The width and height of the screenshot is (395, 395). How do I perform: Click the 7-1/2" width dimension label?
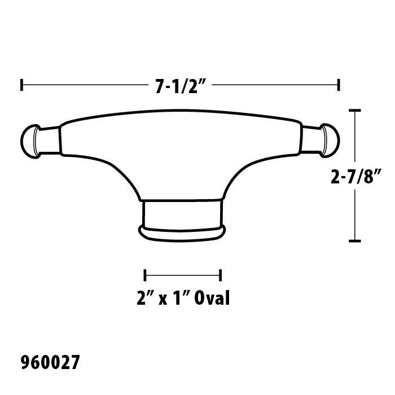(x=181, y=86)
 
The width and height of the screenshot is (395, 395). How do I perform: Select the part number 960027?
(x=50, y=362)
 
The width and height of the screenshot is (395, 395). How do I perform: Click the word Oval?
(x=212, y=299)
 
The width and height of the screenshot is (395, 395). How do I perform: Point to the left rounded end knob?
(x=30, y=141)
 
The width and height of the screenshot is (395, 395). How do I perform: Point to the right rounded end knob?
(x=330, y=141)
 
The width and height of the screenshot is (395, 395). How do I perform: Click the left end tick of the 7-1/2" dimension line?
(x=21, y=85)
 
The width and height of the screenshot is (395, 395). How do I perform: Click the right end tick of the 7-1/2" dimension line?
(x=339, y=85)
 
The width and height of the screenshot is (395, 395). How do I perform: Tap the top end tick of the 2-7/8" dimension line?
(x=355, y=111)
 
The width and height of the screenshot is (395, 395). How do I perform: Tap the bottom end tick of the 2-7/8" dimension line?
(x=355, y=241)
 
